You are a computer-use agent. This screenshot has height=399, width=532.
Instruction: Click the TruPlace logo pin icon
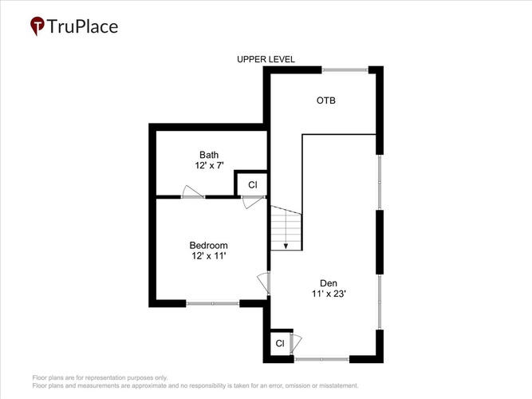37,26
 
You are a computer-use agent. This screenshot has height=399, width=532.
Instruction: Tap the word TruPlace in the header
82,26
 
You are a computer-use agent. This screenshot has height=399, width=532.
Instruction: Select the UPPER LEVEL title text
266,59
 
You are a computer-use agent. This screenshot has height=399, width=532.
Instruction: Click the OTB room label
325,101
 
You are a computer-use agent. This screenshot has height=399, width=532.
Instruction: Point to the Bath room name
209,155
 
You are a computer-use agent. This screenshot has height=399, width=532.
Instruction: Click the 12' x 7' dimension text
209,166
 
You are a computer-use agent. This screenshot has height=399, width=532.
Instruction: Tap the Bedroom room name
209,245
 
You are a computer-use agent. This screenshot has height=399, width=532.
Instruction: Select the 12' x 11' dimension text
209,255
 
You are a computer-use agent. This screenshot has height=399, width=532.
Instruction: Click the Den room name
329,283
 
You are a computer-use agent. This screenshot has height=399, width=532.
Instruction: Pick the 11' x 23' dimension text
329,294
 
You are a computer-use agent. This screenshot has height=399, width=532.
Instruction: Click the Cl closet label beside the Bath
253,184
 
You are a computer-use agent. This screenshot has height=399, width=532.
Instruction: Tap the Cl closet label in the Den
280,343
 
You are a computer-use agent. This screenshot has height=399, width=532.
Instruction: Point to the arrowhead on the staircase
286,246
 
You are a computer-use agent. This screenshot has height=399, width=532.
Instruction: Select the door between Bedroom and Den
264,282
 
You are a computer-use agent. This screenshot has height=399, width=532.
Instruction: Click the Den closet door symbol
296,344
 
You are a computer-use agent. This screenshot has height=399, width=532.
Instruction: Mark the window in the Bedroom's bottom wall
213,303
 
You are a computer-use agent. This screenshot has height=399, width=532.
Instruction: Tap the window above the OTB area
345,70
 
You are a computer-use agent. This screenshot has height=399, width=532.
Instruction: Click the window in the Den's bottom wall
321,358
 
